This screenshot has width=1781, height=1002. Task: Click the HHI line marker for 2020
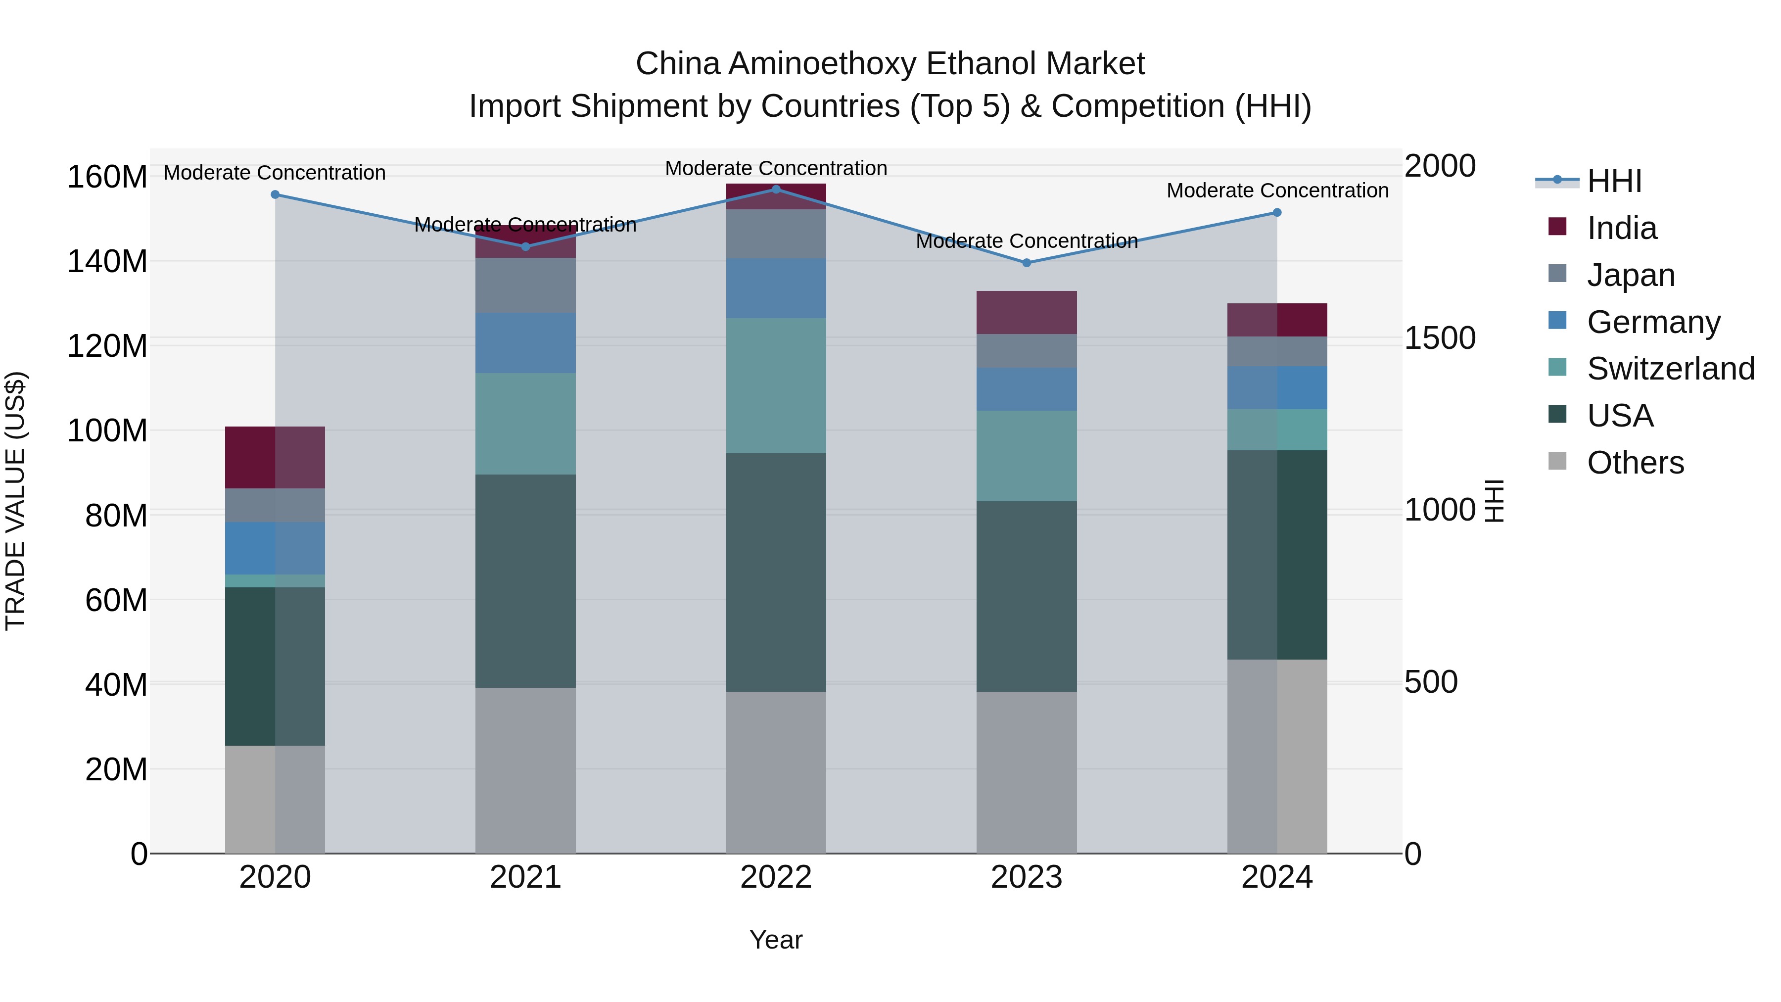275,194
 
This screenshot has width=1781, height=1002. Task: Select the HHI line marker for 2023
1027,263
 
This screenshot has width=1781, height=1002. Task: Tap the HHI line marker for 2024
1277,212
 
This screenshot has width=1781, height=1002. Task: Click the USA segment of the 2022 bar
776,573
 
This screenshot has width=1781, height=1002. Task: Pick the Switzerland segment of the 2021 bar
525,424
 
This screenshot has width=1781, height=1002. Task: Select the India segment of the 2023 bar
1027,313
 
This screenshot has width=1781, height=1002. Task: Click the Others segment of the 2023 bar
1027,772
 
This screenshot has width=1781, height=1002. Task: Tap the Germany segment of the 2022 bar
776,288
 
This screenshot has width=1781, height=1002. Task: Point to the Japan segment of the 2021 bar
525,286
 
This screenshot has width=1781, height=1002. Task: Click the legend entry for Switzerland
1670,369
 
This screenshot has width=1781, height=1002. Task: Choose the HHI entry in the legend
1614,181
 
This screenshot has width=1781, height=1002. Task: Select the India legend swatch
1557,227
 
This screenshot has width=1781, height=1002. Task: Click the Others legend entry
1635,463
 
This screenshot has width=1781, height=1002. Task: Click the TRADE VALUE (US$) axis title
15,501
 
